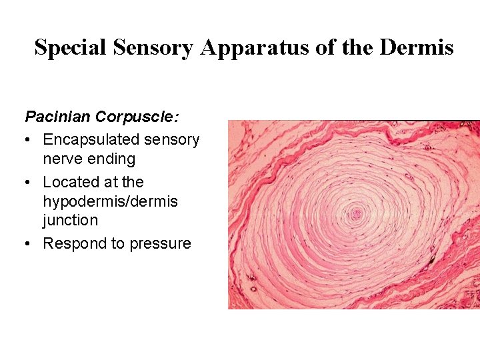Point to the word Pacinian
tap(58, 117)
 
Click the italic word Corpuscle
tap(137, 117)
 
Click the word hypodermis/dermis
tap(111, 201)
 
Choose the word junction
tap(70, 220)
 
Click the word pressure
tap(160, 244)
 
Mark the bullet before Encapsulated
tap(29, 140)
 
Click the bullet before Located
tap(29, 183)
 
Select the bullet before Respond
tap(29, 244)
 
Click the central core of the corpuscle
tap(356, 214)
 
